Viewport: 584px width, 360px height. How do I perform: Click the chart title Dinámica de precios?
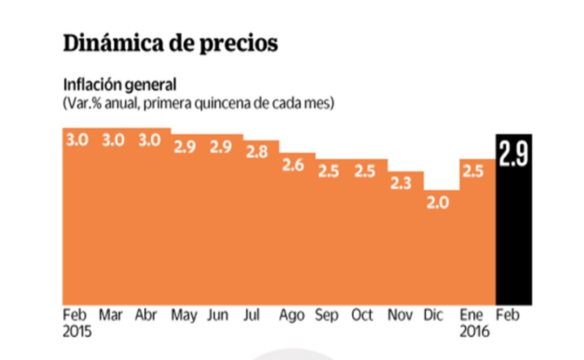click(170, 44)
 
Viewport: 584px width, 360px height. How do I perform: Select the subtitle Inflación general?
click(119, 85)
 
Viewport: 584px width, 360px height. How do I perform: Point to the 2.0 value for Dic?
click(437, 204)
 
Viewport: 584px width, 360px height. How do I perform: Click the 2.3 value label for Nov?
click(401, 183)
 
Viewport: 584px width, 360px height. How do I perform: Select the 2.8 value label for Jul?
click(257, 152)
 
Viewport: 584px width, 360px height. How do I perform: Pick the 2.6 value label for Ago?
click(293, 165)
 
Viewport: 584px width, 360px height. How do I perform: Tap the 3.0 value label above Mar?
click(113, 140)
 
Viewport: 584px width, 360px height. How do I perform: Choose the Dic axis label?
click(434, 315)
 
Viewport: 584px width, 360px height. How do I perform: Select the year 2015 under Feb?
click(77, 331)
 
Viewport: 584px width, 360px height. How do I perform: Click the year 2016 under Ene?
click(474, 331)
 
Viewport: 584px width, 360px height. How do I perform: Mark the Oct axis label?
click(362, 315)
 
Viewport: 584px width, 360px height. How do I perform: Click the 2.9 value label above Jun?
click(221, 146)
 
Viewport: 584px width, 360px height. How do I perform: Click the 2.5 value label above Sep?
click(328, 171)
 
